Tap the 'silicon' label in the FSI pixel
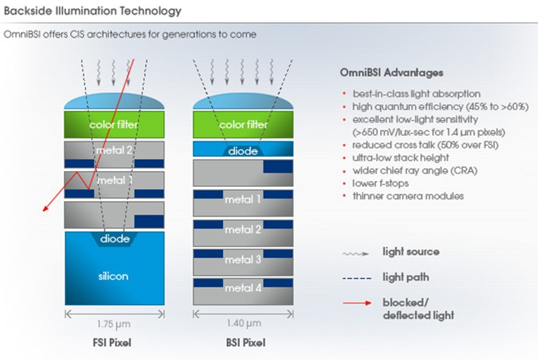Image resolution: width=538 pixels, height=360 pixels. click(113, 276)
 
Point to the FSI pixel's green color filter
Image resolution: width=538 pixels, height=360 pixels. click(113, 125)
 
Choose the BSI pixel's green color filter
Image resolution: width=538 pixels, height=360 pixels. click(242, 125)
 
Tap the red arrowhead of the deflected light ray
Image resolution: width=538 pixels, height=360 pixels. click(45, 210)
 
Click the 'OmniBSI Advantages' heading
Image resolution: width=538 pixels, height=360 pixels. click(391, 72)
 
